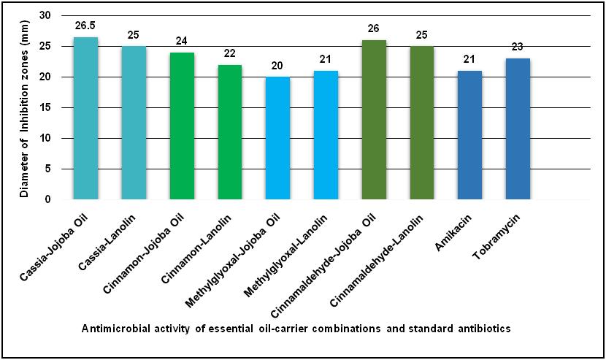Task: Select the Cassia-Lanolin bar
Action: point(134,123)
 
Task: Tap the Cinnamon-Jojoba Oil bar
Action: point(182,126)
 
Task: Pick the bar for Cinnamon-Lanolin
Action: point(230,132)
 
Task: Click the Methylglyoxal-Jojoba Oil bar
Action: point(278,138)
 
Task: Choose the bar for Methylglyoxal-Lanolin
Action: point(326,135)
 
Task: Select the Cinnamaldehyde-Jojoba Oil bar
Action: point(374,120)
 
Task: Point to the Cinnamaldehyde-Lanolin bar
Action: point(422,123)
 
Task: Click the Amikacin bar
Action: point(469,135)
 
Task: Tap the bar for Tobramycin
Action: point(518,129)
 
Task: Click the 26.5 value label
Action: point(85,26)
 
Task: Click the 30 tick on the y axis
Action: point(46,16)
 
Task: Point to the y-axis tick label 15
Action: point(46,108)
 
